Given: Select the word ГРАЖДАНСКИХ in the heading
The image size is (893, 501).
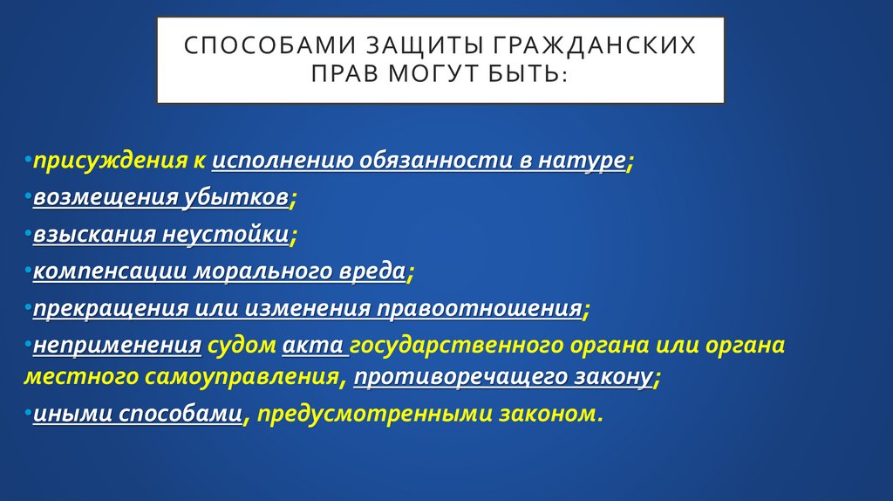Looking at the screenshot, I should (x=597, y=45).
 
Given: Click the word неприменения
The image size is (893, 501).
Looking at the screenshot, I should (x=118, y=346).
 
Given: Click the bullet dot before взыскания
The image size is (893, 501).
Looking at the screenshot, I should (x=29, y=234).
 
